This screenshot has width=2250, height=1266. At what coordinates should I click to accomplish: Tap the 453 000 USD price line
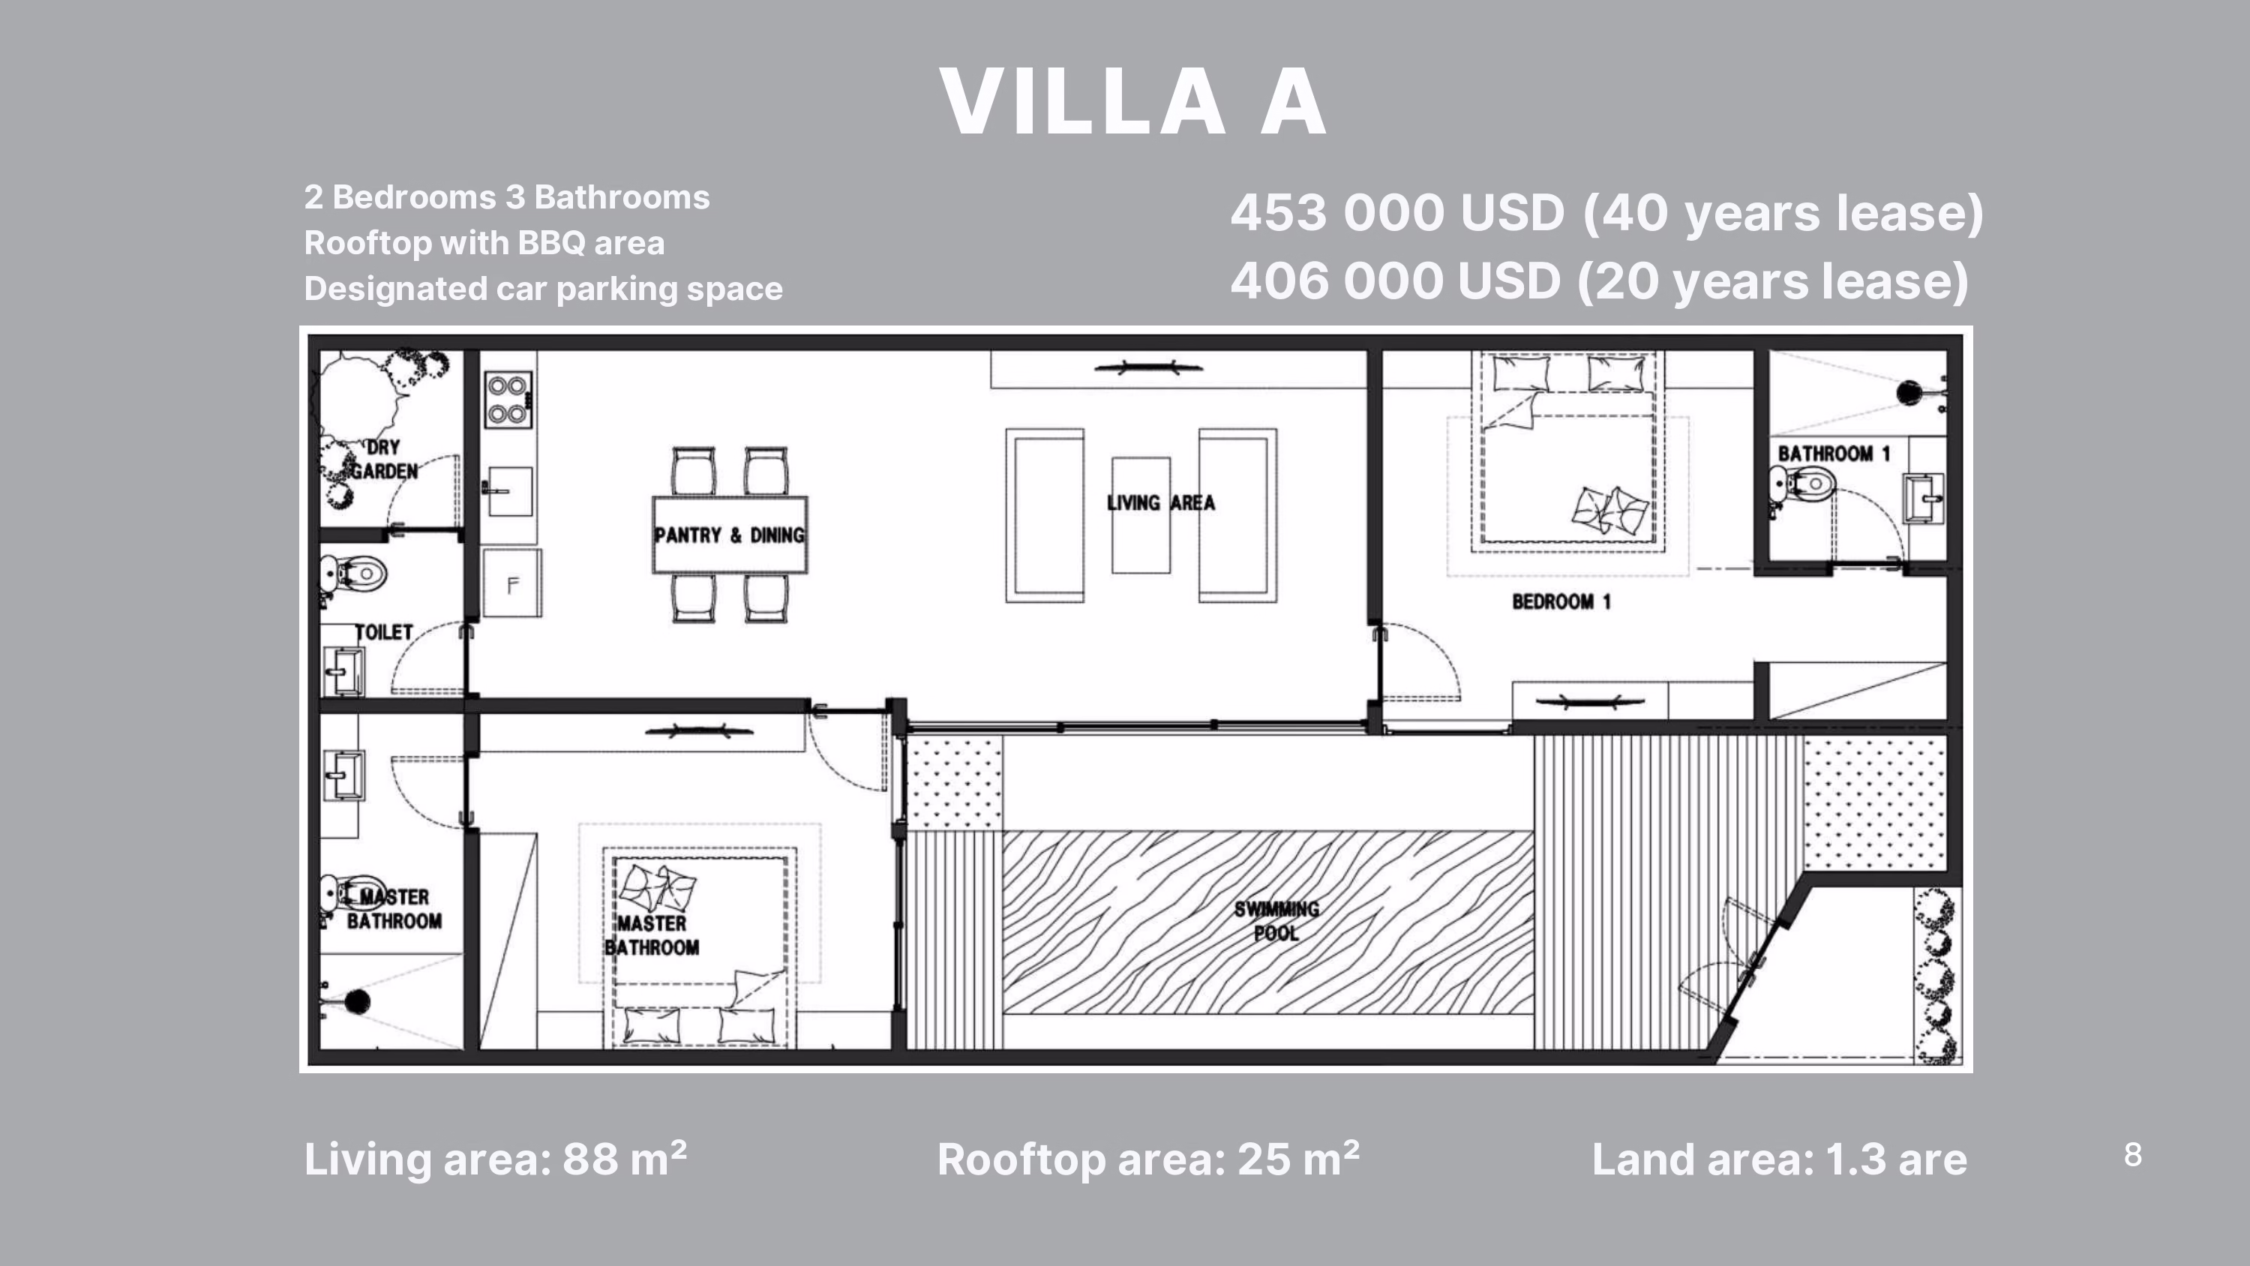1607,213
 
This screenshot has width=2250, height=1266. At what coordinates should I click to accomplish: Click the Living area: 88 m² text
495,1159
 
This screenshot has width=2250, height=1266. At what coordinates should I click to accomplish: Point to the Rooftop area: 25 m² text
1148,1159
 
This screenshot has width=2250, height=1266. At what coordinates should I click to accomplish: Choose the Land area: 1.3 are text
1779,1159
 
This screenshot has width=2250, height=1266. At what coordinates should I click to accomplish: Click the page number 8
2133,1155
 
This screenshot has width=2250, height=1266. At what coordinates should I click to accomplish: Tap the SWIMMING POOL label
1277,921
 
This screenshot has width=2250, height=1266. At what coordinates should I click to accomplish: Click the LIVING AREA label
1161,502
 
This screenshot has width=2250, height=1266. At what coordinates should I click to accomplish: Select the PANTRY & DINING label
729,535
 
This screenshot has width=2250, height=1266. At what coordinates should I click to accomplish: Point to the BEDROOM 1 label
1561,601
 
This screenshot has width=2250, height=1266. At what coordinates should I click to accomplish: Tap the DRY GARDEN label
384,460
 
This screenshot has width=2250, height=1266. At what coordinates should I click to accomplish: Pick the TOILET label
383,631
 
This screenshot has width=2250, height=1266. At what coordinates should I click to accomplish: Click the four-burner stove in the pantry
508,399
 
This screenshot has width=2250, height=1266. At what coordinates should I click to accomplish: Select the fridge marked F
511,583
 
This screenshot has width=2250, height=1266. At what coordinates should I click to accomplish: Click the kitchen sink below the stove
509,492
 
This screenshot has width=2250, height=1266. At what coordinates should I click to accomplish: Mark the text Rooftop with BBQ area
484,243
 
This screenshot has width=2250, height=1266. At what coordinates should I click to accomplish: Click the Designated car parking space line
543,288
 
